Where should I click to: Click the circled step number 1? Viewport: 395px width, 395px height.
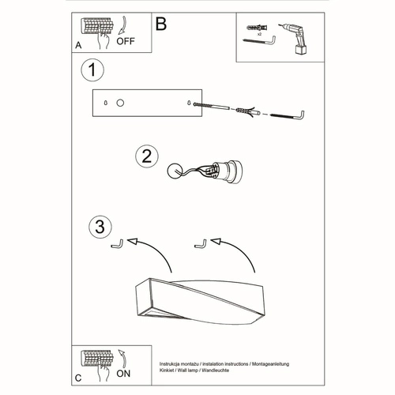coord(93,70)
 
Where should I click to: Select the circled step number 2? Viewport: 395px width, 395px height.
coord(144,156)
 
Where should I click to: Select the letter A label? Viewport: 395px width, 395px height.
coord(78,46)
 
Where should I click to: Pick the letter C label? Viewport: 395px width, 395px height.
coord(78,378)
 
